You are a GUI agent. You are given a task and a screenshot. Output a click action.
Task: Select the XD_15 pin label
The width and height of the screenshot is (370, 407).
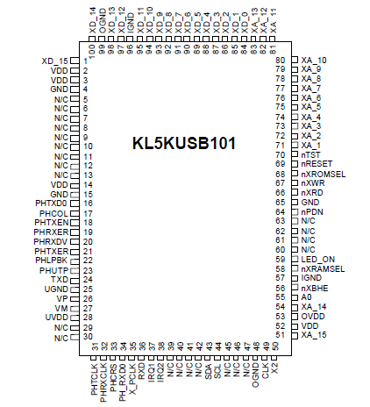(x=54, y=61)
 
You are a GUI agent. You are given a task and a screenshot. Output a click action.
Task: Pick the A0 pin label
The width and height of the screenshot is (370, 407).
(x=306, y=297)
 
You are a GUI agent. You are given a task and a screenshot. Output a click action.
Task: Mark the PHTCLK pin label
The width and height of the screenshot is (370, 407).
(x=94, y=378)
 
